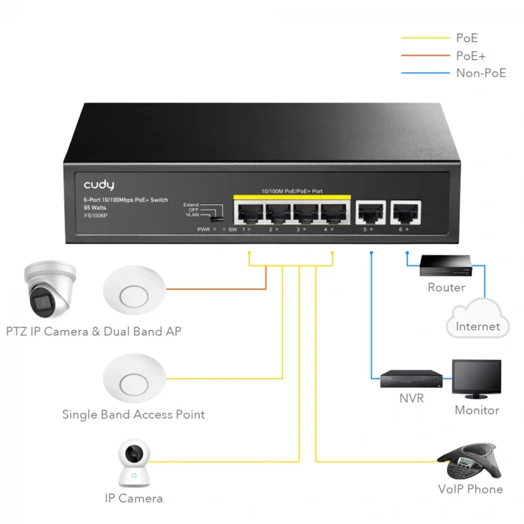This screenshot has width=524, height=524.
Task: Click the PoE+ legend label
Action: [472, 55]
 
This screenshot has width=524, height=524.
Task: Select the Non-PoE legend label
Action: [481, 73]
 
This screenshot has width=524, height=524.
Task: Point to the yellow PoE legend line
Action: [424, 37]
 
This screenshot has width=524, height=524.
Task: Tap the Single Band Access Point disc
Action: [134, 377]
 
